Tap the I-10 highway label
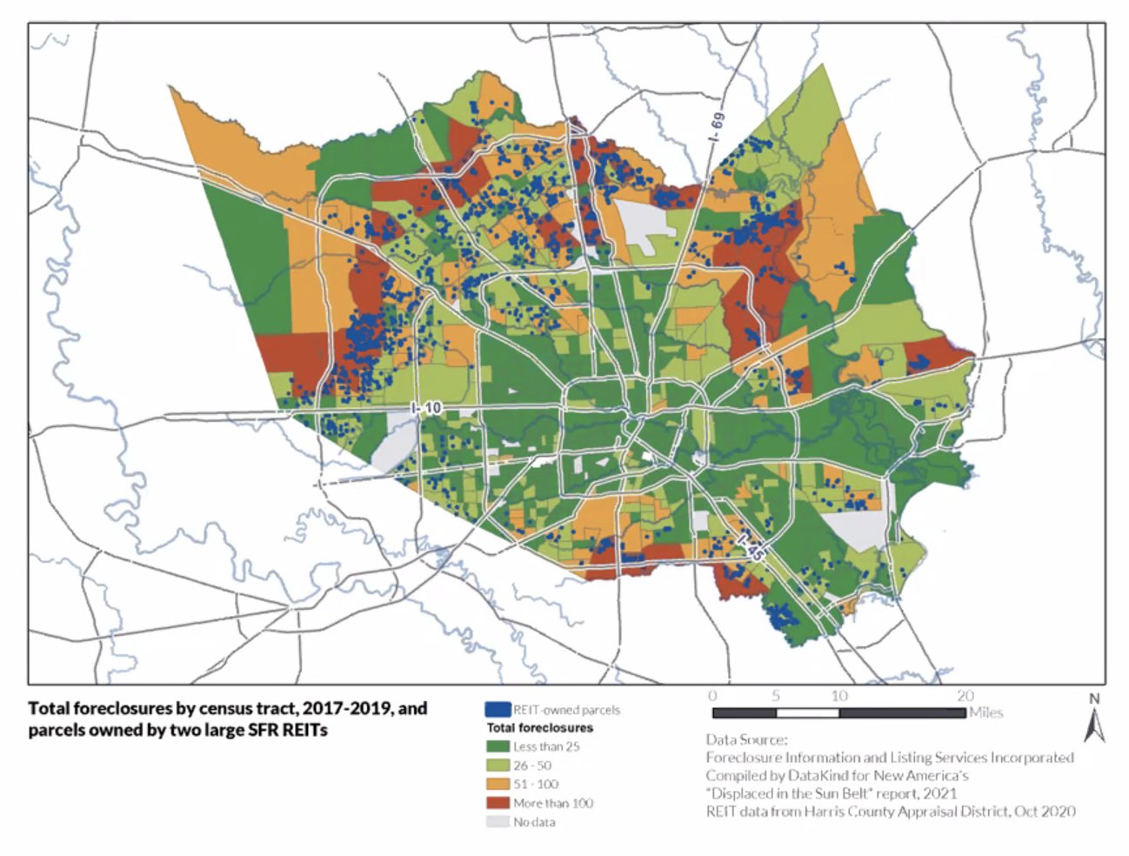427,408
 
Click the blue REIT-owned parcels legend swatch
498,710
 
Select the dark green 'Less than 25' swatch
498,746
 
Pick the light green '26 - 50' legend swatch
498,766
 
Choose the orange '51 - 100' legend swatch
498,784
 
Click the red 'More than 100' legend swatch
498,803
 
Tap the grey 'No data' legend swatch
498,822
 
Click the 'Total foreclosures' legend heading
539,727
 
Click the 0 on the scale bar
712,696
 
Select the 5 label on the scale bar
775,696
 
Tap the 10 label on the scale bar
838,696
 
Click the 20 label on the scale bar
965,696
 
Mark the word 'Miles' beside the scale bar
985,712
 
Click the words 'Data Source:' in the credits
746,739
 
